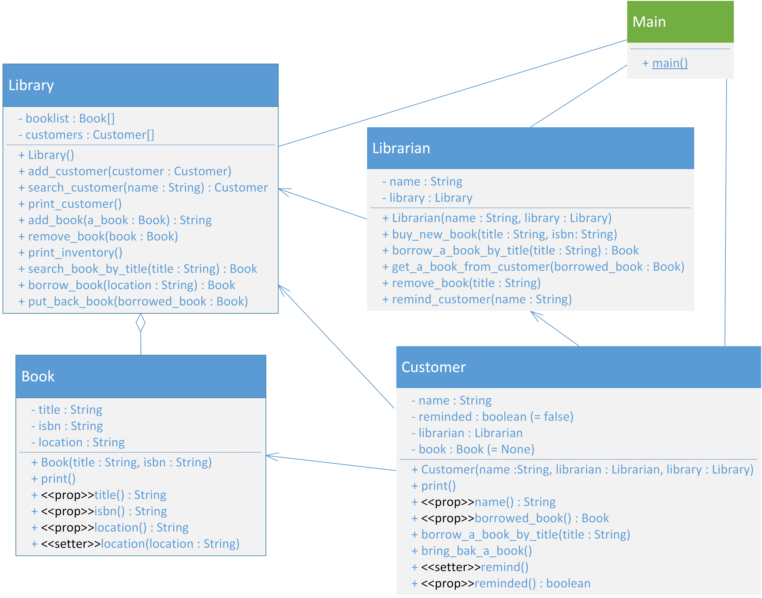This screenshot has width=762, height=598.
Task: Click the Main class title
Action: tap(649, 22)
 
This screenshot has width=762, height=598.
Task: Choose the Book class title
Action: tap(38, 376)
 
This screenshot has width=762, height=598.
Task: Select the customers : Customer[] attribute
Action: tap(86, 135)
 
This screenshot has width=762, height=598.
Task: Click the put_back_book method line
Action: tap(133, 302)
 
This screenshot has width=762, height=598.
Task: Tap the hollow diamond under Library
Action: tap(141, 323)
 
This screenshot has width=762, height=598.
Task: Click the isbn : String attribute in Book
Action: tap(67, 426)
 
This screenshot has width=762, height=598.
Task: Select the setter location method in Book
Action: tap(135, 544)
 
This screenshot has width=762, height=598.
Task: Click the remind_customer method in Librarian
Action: tap(477, 299)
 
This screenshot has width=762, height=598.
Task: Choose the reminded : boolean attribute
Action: tap(492, 417)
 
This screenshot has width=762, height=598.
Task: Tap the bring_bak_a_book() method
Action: tap(472, 551)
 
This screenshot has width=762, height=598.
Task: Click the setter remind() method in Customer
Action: tap(470, 567)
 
